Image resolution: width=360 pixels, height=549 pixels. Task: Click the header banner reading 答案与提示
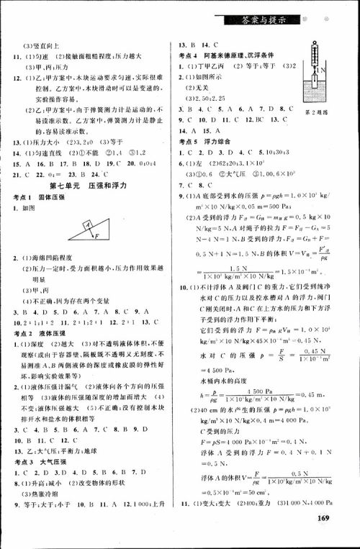(258, 20)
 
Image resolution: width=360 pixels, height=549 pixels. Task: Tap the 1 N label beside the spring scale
(323, 73)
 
